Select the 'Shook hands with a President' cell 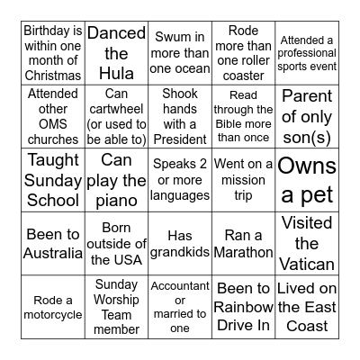pyautogui.click(x=180, y=117)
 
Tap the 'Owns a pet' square pyautogui.click(x=307, y=180)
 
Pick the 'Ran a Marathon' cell pyautogui.click(x=243, y=243)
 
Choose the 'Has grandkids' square pyautogui.click(x=180, y=243)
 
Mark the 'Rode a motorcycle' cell pyautogui.click(x=53, y=306)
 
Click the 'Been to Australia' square pyautogui.click(x=53, y=243)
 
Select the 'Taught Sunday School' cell pyautogui.click(x=53, y=180)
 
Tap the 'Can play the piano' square pyautogui.click(x=117, y=180)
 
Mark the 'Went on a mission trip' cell pyautogui.click(x=243, y=180)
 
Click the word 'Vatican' pyautogui.click(x=307, y=264)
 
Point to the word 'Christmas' pyautogui.click(x=53, y=76)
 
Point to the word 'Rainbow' pyautogui.click(x=243, y=307)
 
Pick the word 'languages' pyautogui.click(x=180, y=195)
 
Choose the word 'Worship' pyautogui.click(x=117, y=300)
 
